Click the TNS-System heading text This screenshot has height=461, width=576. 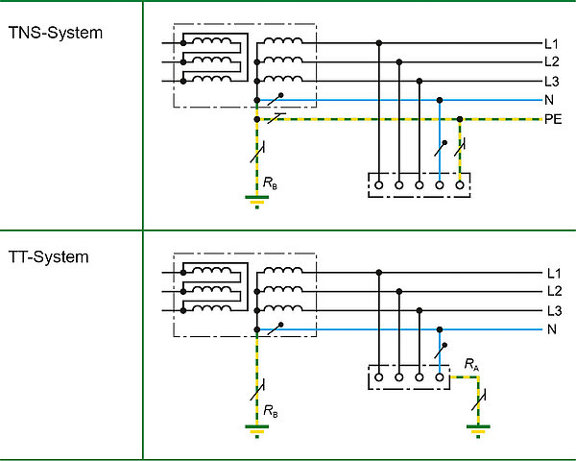[x=55, y=33]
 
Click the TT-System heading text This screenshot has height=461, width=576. [x=49, y=257]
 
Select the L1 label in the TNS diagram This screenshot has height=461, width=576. [x=551, y=43]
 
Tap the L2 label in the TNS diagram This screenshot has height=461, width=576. [x=551, y=62]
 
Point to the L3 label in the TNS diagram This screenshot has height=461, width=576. [x=551, y=82]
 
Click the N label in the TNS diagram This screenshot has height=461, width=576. [x=549, y=100]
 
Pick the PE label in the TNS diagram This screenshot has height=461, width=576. [x=553, y=120]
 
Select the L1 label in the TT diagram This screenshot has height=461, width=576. [x=553, y=272]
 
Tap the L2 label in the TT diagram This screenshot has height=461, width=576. [x=553, y=291]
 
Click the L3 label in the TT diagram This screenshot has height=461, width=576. [x=553, y=311]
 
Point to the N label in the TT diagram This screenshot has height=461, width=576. [x=551, y=330]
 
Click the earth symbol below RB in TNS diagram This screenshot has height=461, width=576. [x=256, y=201]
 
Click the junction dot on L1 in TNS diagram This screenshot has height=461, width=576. [x=379, y=43]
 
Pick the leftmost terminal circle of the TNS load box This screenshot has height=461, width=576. [x=379, y=183]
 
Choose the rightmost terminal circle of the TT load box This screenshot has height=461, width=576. [x=440, y=377]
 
